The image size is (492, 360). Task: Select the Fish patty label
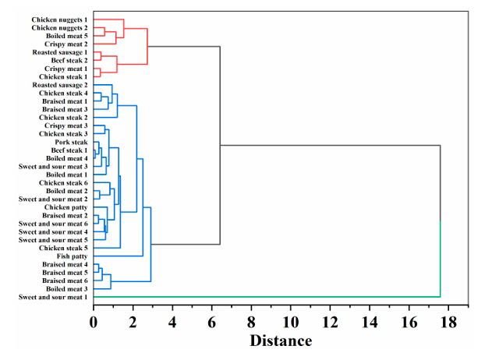(x=72, y=256)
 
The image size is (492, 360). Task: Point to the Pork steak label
(x=71, y=142)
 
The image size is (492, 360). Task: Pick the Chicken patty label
(x=66, y=207)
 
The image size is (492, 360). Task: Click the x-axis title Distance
(x=281, y=341)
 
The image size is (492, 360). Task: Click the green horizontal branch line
(x=265, y=297)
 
